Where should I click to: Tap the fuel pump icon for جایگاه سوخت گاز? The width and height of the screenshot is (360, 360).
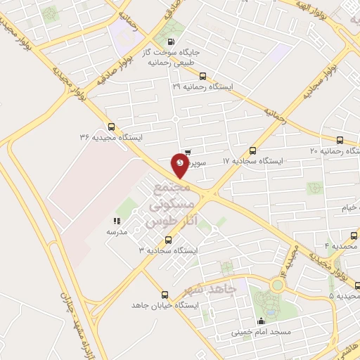pyautogui.click(x=173, y=41)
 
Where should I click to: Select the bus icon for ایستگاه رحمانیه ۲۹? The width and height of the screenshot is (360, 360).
pyautogui.click(x=203, y=76)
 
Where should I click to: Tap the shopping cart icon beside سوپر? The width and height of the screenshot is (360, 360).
pyautogui.click(x=188, y=151)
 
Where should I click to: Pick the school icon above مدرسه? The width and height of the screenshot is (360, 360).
pyautogui.click(x=117, y=220)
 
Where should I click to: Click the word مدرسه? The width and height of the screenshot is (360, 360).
pyautogui.click(x=117, y=231)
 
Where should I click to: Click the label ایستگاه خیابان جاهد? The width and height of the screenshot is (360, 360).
pyautogui.click(x=166, y=306)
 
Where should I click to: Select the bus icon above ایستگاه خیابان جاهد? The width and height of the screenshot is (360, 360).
pyautogui.click(x=165, y=295)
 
